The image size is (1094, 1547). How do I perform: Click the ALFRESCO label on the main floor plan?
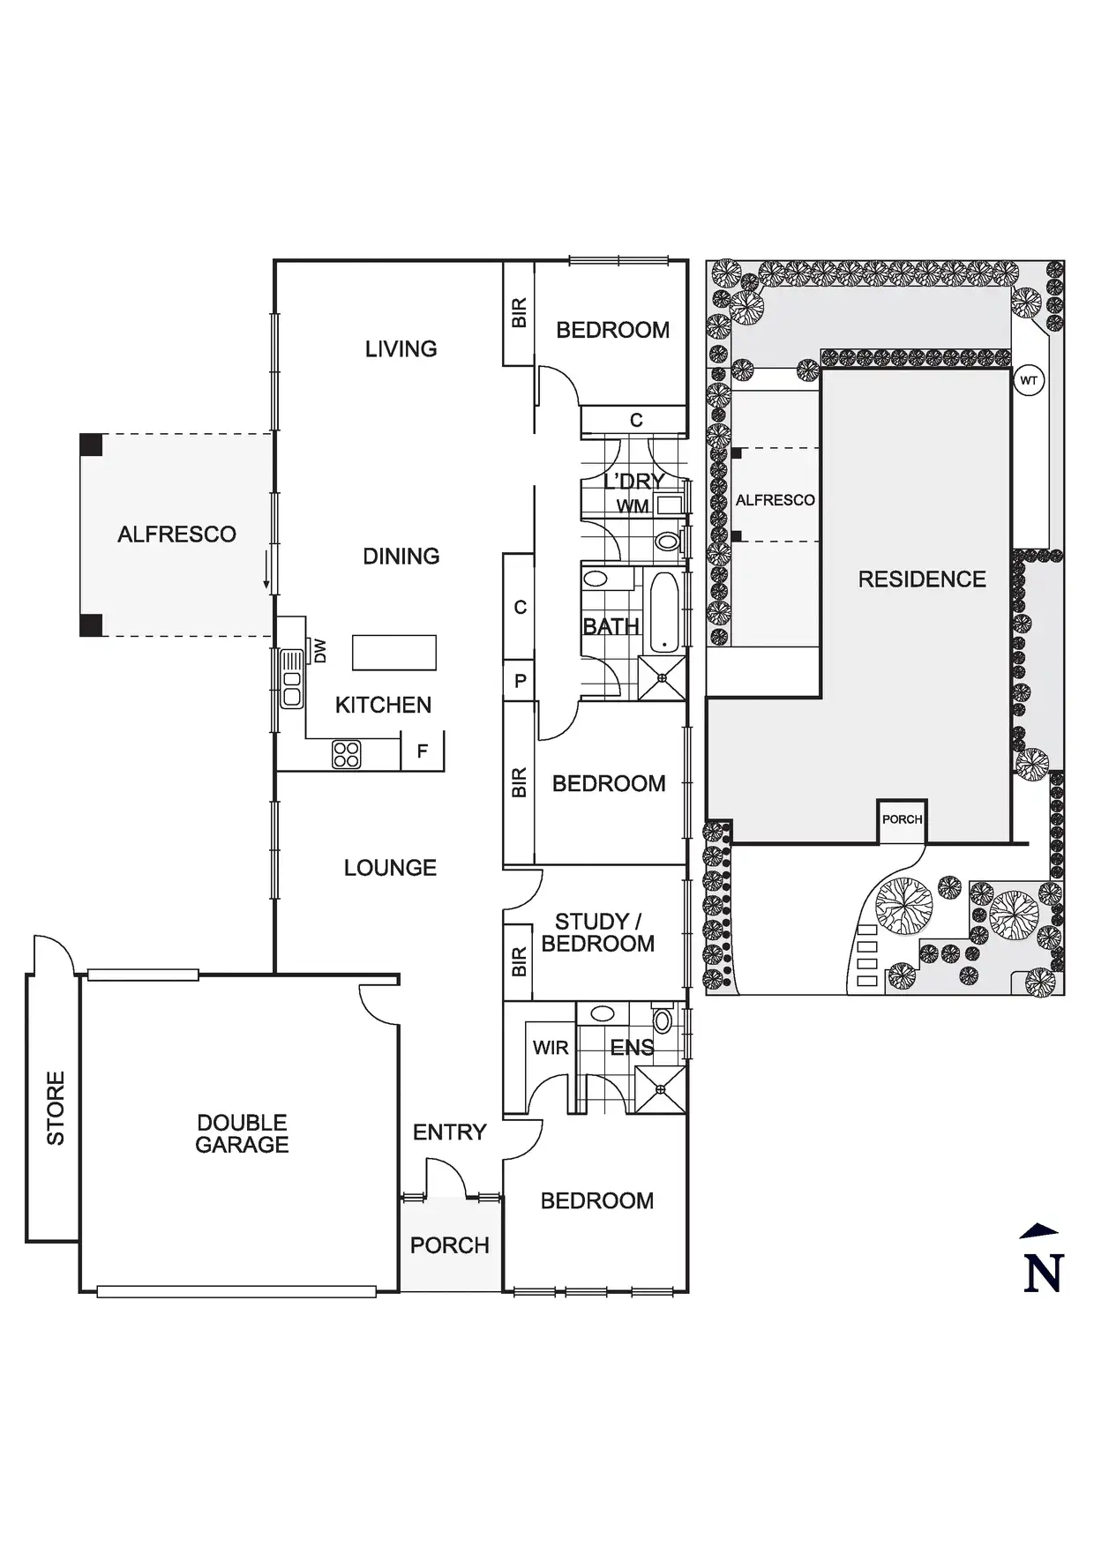tap(176, 534)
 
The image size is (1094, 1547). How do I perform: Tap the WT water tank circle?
tap(1029, 381)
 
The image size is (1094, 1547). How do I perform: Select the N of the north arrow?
tap(1043, 1273)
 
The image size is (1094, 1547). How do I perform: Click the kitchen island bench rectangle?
tap(394, 653)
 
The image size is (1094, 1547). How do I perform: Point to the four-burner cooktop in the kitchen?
tap(347, 754)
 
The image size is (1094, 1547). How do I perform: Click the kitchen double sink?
tap(291, 678)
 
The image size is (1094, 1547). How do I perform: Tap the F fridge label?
tap(422, 751)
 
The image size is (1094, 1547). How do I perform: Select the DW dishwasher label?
tap(319, 651)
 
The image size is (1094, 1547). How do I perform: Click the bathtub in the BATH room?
tap(663, 613)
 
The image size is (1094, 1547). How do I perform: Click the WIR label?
tap(551, 1048)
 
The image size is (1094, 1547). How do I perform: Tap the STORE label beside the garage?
tap(55, 1108)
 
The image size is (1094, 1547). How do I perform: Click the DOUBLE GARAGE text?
tap(242, 1133)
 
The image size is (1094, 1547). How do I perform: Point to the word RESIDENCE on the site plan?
tap(922, 579)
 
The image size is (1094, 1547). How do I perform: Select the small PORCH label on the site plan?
tap(902, 819)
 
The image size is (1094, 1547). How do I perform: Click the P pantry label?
tap(520, 681)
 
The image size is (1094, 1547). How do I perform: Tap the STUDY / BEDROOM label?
tap(598, 932)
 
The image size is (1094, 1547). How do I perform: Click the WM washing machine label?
tap(633, 506)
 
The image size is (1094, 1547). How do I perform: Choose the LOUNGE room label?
tap(390, 868)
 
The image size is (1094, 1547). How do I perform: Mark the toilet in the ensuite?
tap(663, 1020)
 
